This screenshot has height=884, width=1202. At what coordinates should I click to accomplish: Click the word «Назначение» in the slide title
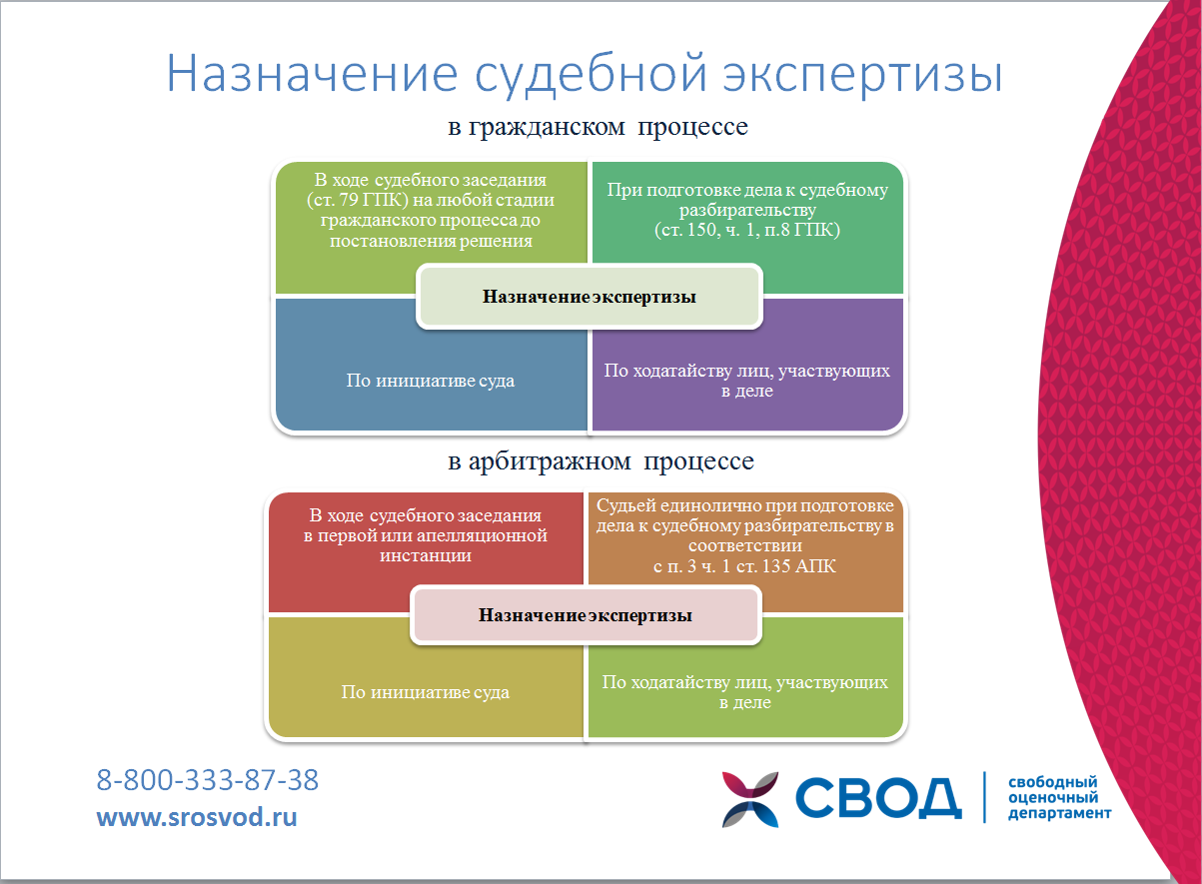pyautogui.click(x=313, y=74)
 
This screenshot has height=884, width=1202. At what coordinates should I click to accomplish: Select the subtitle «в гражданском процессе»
pyautogui.click(x=598, y=127)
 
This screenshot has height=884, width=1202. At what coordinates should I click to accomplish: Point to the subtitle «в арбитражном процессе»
pyautogui.click(x=601, y=461)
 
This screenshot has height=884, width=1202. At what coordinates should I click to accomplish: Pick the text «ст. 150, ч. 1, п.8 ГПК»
pyautogui.click(x=747, y=230)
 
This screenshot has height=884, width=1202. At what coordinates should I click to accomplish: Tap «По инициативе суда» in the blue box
pyautogui.click(x=431, y=381)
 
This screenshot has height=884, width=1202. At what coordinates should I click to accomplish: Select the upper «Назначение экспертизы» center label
pyautogui.click(x=590, y=297)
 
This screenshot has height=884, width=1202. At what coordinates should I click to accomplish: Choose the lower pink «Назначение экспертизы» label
pyautogui.click(x=586, y=615)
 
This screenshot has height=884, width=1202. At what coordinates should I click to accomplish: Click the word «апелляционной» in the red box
pyautogui.click(x=482, y=535)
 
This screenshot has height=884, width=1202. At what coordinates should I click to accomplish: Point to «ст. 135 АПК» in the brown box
pyautogui.click(x=786, y=566)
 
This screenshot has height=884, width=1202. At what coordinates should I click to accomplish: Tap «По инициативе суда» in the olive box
pyautogui.click(x=426, y=692)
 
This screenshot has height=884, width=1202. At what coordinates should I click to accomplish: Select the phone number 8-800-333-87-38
pyautogui.click(x=207, y=780)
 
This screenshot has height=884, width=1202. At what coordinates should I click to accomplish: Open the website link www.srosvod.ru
pyautogui.click(x=197, y=817)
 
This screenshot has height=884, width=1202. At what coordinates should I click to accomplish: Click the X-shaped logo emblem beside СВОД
pyautogui.click(x=750, y=799)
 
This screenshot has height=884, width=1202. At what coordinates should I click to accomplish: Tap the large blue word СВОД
pyautogui.click(x=878, y=799)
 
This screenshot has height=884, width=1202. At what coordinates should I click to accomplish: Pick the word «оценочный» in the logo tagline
pyautogui.click(x=1053, y=798)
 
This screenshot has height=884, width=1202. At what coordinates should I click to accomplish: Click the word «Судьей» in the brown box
pyautogui.click(x=625, y=505)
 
